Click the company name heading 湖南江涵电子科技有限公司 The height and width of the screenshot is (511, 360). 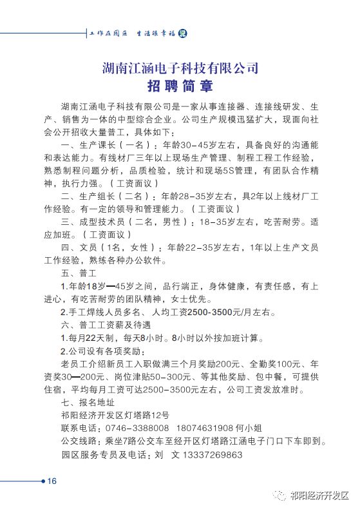tap(180, 66)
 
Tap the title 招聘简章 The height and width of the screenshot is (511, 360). tap(180, 86)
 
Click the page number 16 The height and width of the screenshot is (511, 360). tap(52, 481)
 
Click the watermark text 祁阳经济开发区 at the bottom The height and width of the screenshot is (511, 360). tap(318, 496)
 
